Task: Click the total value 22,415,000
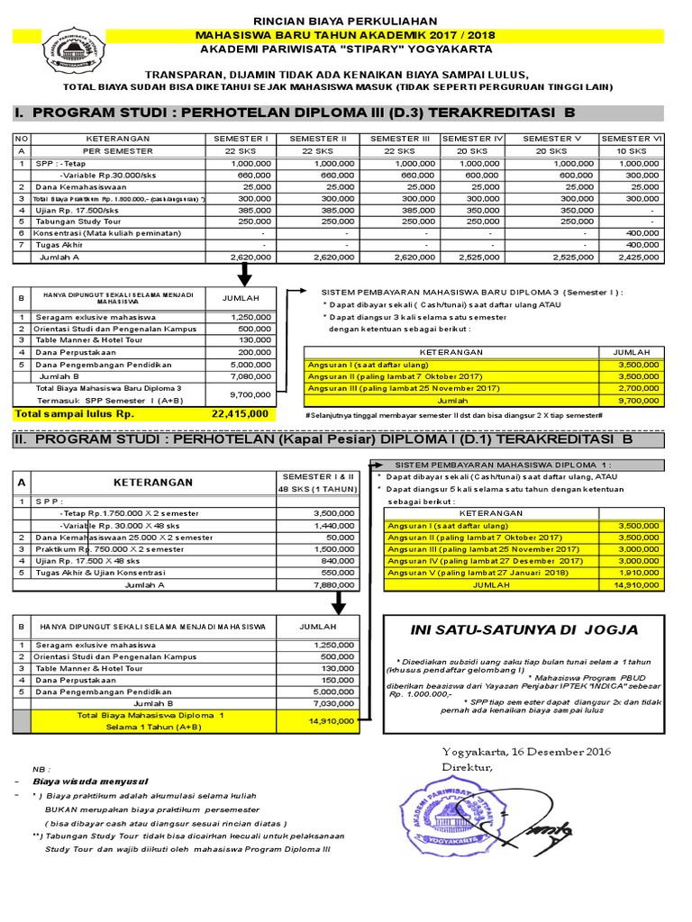pos(240,413)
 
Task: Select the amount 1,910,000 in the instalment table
pos(638,571)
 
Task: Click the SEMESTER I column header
pos(241,138)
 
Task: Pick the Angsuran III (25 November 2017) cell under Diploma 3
pos(404,387)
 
